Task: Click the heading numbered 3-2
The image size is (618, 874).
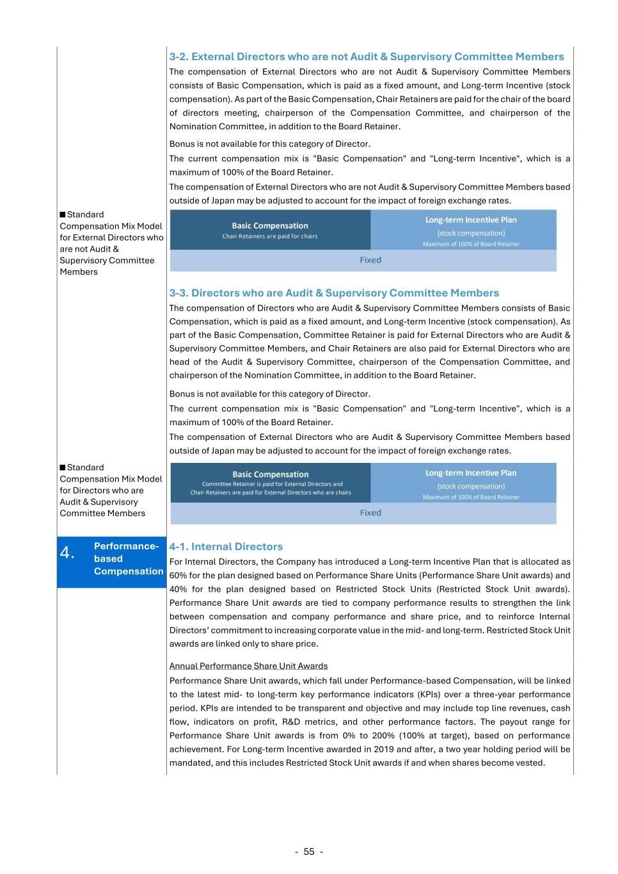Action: (367, 56)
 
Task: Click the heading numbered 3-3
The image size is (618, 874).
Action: (334, 293)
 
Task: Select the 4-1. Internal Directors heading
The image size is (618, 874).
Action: (226, 546)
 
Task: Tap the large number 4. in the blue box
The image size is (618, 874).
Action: (67, 553)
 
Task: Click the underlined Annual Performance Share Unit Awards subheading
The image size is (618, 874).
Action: (248, 666)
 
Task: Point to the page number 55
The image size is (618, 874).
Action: (309, 852)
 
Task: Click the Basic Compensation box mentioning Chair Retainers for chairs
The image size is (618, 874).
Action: (270, 230)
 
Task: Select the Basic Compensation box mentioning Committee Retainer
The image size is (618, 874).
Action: (270, 483)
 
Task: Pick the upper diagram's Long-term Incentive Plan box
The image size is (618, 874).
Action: (471, 231)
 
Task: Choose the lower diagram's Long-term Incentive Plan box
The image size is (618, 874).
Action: (471, 483)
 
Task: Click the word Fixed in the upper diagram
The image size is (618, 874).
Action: (370, 260)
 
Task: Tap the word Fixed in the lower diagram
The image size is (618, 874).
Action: (370, 513)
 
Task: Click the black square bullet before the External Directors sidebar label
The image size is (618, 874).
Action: (63, 214)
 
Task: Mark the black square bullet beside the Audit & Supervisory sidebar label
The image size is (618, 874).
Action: (63, 467)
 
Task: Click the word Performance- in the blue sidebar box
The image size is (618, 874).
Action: (126, 546)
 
